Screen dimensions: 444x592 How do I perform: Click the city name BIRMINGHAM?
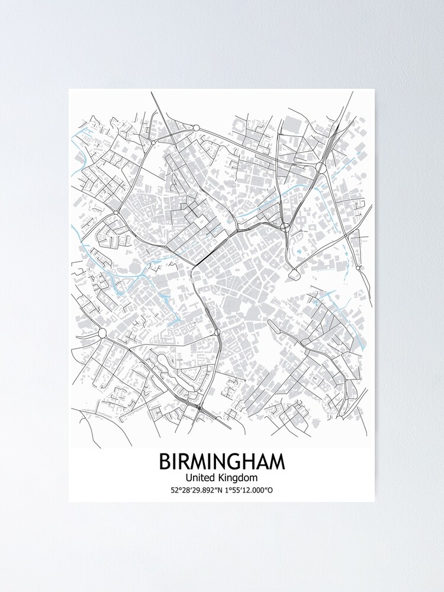pos(221,462)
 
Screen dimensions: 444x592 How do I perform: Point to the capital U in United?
pos(189,477)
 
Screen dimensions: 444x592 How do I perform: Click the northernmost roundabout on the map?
pos(195,127)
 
